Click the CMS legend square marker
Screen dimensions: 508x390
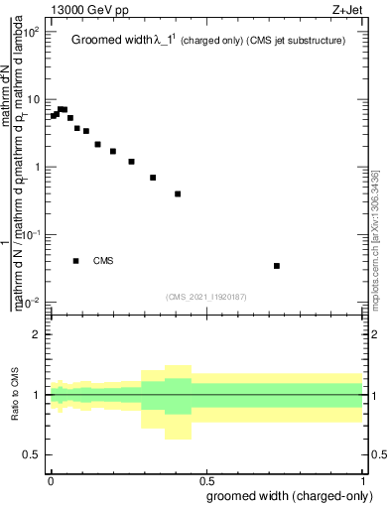75,261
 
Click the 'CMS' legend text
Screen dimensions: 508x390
103,261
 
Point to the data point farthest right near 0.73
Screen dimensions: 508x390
277,266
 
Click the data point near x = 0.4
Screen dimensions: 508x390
178,193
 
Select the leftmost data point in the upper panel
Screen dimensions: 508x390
54,116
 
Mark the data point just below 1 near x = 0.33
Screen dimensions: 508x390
153,178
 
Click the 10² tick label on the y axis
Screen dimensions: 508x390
31,32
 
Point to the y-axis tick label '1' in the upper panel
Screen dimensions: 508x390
36,167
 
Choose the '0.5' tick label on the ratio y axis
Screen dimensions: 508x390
32,454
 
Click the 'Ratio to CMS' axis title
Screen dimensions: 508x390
15,395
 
